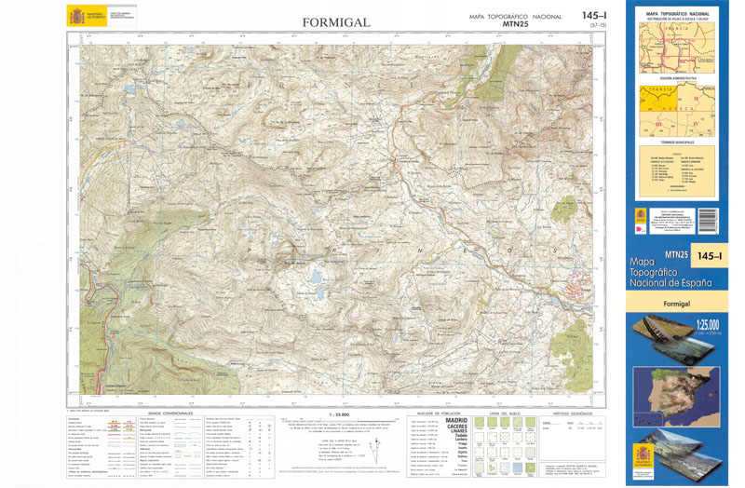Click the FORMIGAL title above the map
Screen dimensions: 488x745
point(336,22)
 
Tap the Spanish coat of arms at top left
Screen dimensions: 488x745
point(74,16)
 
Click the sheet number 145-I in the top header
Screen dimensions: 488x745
point(594,16)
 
